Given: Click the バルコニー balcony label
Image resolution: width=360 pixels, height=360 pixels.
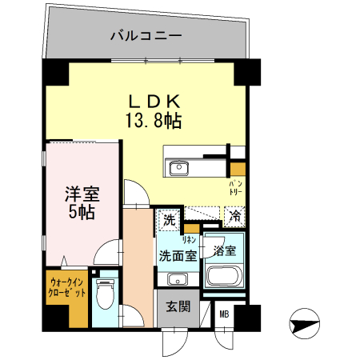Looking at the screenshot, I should [x=146, y=36].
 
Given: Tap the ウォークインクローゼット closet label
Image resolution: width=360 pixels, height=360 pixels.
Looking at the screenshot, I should [x=67, y=287].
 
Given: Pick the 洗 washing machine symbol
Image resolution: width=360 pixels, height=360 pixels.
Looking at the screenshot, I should [x=170, y=218].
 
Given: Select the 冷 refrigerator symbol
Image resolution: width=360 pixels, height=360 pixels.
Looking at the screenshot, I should [x=234, y=215].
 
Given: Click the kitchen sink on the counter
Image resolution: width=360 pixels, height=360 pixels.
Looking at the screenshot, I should [x=177, y=168].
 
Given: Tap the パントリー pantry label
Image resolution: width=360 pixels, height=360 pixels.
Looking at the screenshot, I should [x=237, y=190].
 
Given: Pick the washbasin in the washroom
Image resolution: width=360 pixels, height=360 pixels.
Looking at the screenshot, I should [x=177, y=278].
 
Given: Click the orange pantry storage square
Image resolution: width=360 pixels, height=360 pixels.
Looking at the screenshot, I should [x=238, y=169].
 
